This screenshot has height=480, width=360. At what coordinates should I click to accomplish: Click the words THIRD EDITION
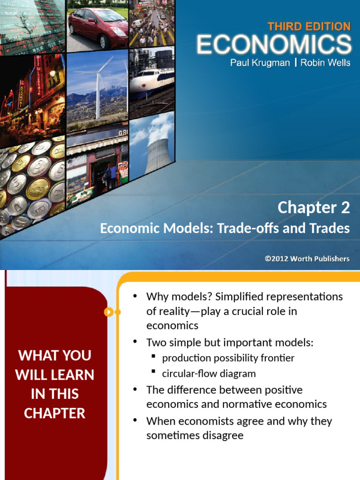click(309, 27)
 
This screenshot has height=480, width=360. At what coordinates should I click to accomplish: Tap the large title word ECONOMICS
click(274, 45)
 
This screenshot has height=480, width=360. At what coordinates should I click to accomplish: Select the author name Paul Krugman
click(260, 63)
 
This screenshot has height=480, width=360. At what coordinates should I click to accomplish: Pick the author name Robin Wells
click(325, 62)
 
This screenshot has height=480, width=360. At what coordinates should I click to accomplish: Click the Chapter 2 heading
click(314, 208)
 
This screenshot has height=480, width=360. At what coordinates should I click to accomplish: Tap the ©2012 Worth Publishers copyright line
click(307, 259)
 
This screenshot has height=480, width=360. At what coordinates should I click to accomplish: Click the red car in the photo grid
click(98, 27)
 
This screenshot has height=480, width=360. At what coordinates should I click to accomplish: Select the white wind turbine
click(98, 89)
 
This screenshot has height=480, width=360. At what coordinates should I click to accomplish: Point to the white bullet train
click(151, 80)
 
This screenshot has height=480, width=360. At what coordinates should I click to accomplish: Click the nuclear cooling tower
click(157, 156)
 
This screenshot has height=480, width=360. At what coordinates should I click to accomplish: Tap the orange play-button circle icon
click(108, 312)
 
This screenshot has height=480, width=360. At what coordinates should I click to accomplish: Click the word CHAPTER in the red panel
click(54, 413)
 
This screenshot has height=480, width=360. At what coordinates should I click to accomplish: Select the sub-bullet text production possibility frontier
click(228, 358)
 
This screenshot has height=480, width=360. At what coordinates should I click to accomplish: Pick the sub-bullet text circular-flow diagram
click(209, 374)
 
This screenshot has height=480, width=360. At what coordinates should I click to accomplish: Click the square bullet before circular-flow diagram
click(153, 371)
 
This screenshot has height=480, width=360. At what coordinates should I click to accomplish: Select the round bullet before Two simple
click(135, 341)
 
